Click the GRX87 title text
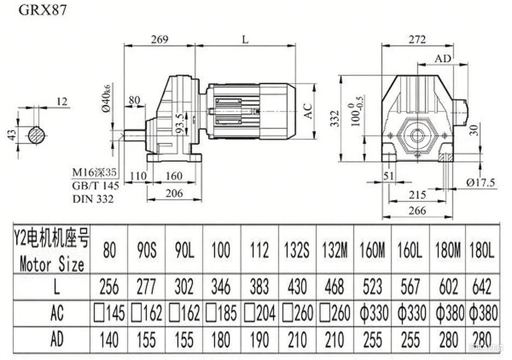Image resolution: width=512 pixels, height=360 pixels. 42,10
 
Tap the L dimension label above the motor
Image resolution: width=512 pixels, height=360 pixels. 245,39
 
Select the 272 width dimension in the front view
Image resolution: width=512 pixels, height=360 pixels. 417,39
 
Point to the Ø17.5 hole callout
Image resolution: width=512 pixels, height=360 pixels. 480,183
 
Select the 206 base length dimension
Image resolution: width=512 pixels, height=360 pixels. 174,193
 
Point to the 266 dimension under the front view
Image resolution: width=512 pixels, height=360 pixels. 417,210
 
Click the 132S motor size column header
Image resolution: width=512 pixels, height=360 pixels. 297,251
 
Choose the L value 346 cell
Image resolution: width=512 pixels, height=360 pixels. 221,286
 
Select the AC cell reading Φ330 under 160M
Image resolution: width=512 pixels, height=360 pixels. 372,313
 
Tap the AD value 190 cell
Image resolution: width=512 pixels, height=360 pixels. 259,340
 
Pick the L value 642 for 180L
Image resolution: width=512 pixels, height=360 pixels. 481,286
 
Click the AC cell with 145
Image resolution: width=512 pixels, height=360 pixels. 109,313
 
